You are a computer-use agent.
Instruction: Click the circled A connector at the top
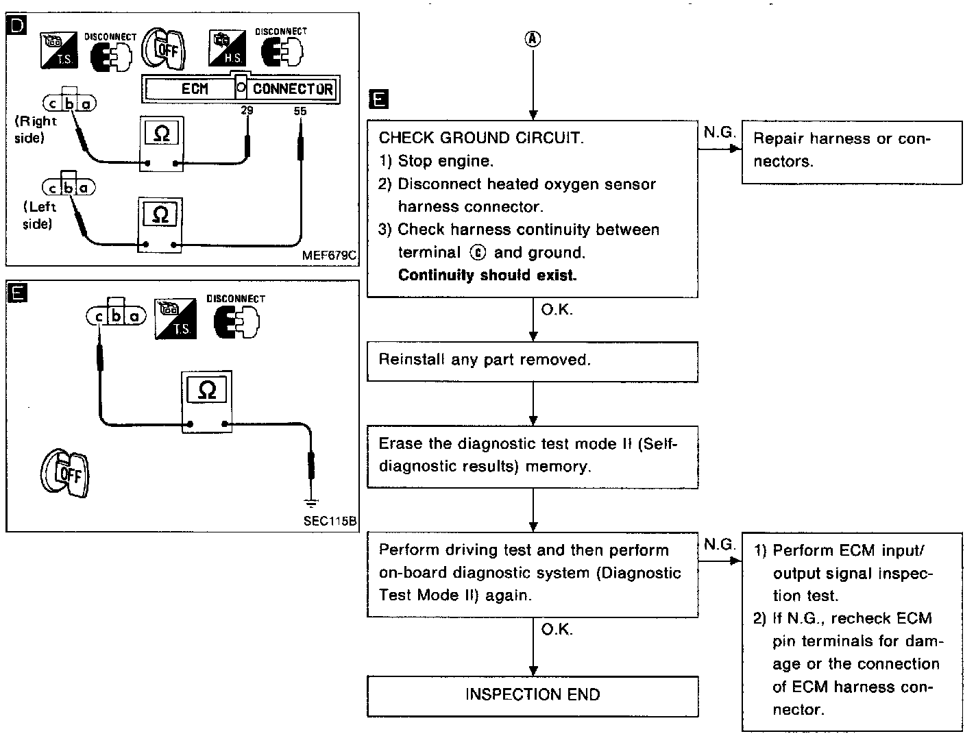533,39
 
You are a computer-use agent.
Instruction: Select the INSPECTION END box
533,695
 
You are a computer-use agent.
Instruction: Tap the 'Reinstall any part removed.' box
533,360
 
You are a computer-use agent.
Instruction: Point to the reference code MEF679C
329,256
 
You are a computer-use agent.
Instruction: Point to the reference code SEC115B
330,521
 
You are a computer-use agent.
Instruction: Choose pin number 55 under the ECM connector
300,110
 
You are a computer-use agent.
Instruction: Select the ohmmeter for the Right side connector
161,144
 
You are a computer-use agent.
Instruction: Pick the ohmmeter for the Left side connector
160,226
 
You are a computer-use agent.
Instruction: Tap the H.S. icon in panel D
228,48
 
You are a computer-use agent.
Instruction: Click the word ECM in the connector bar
195,89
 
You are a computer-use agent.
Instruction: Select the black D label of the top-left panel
16,26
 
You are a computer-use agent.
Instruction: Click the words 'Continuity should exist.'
487,275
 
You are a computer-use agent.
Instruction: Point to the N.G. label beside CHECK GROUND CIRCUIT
719,133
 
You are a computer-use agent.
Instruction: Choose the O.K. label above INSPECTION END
557,629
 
